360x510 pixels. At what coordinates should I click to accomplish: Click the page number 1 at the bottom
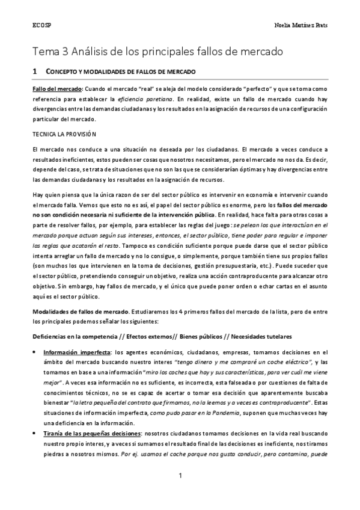pos(180,477)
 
